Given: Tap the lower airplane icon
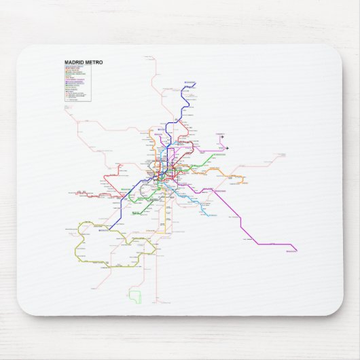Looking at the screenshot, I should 228,147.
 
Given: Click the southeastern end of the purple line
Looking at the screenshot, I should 297,251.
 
